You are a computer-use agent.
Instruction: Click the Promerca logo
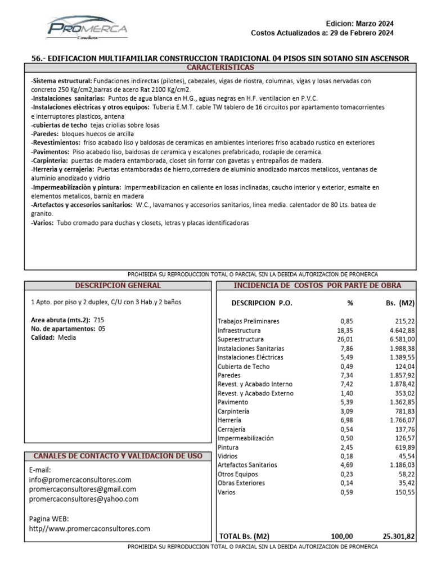point(87,28)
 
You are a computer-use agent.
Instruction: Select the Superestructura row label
point(240,340)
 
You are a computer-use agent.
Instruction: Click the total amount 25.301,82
point(396,537)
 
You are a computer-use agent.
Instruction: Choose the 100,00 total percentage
point(342,537)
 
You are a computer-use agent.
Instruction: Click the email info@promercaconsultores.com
point(80,480)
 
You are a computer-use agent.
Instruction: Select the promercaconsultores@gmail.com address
point(83,489)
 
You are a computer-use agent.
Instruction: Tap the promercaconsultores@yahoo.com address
point(83,499)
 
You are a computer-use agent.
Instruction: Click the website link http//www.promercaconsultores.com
point(89,529)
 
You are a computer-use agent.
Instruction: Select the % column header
point(350,303)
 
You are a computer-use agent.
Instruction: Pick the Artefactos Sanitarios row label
point(247,465)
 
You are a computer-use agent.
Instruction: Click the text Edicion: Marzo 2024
point(360,24)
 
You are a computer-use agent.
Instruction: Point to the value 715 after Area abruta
point(99,319)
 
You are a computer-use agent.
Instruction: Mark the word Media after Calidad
point(67,337)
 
